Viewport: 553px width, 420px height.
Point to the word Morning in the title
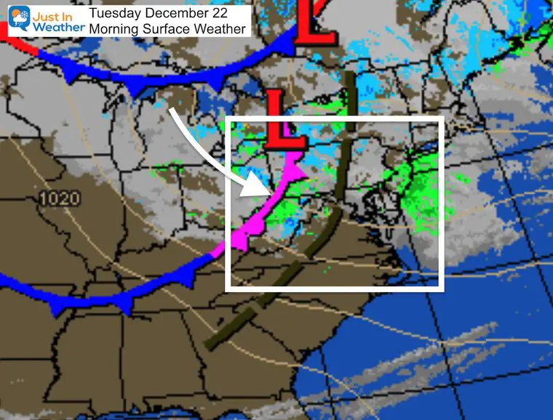(x=113, y=28)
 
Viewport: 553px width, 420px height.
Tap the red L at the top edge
(x=317, y=25)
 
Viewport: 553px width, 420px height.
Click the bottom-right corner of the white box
(x=442, y=288)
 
